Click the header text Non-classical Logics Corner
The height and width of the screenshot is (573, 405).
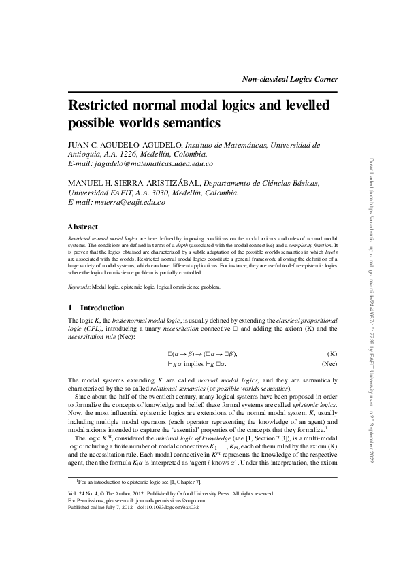[291, 79]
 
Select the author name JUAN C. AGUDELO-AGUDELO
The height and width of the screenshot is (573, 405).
[124, 145]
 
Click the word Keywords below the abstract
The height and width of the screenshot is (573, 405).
[80, 287]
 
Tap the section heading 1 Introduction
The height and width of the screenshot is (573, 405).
[96, 308]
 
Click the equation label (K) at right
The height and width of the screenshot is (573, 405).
[332, 354]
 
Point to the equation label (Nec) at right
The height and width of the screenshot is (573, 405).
[329, 365]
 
